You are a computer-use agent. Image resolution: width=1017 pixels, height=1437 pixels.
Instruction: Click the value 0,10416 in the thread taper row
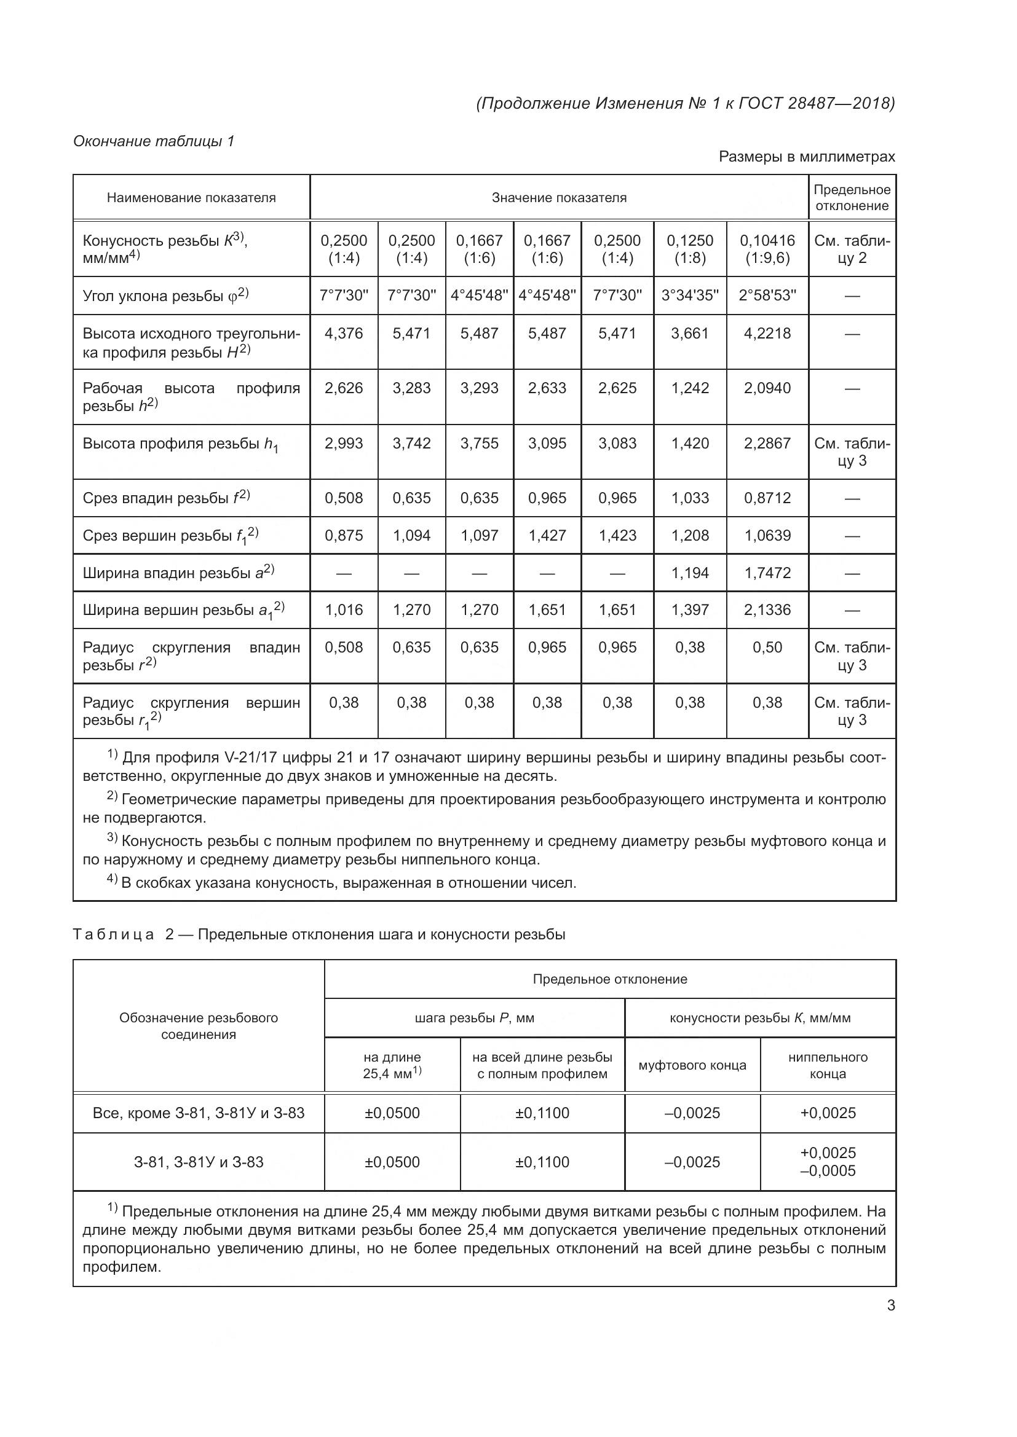pos(767,241)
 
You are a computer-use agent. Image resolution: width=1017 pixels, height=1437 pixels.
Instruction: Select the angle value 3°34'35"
pos(689,296)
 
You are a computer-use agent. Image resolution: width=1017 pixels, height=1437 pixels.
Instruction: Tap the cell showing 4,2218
pos(767,334)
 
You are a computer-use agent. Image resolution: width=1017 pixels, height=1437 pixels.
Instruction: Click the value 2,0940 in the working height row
pos(767,388)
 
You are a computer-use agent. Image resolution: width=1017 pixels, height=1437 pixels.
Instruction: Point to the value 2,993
pos(344,443)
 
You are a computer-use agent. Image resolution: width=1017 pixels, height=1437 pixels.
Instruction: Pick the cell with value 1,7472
pos(767,573)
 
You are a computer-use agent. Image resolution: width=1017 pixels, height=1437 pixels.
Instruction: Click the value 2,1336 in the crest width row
pos(767,609)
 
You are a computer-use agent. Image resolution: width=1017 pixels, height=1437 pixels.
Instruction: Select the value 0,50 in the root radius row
pos(767,647)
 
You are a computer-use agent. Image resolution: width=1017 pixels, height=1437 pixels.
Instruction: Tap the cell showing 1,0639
pos(767,536)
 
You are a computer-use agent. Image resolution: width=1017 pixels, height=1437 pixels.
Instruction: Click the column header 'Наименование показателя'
pos(191,198)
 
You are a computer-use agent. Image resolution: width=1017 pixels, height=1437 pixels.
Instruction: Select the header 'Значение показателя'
pos(558,198)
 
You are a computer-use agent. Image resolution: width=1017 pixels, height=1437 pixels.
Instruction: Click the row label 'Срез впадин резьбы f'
pos(166,498)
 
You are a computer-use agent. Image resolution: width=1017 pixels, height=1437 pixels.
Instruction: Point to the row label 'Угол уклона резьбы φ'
pos(165,296)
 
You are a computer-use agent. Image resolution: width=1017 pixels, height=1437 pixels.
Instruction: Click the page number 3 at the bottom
pos(890,1306)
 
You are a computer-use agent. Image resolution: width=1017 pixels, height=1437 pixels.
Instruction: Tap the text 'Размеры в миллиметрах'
pos(806,157)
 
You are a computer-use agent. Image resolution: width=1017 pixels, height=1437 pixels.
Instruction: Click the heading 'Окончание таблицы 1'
pos(154,141)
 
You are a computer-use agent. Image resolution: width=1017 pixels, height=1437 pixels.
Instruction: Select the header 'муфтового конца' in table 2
pos(692,1065)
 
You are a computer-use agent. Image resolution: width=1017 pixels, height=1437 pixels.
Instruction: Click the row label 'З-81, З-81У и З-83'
pos(199,1162)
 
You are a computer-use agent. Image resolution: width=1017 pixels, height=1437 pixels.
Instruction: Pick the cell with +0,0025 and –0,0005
pos(827,1162)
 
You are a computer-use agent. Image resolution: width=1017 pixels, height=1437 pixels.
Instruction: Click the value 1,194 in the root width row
pos(689,573)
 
